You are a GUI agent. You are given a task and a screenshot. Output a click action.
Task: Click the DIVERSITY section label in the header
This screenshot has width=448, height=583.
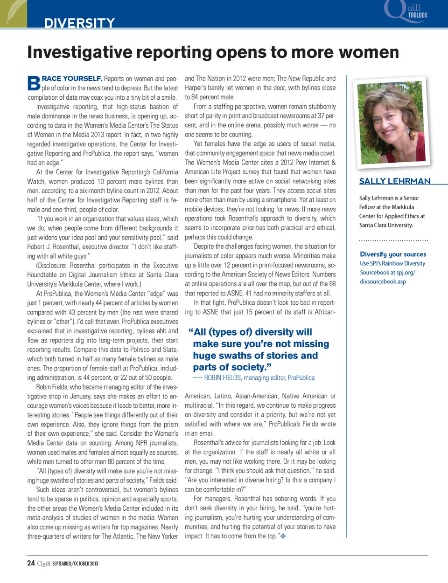pyautogui.click(x=79, y=23)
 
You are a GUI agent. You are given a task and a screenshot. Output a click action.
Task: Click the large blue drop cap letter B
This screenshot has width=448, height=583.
pyautogui.click(x=34, y=83)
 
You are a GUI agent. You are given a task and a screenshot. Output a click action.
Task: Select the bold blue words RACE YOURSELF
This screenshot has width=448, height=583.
pyautogui.click(x=72, y=78)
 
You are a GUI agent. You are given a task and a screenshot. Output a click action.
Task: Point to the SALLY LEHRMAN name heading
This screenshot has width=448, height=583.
pyautogui.click(x=395, y=181)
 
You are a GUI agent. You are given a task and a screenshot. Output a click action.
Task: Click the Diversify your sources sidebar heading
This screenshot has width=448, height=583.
pyautogui.click(x=393, y=254)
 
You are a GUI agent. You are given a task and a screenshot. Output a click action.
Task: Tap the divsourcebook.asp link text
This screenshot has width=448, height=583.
pyautogui.click(x=383, y=281)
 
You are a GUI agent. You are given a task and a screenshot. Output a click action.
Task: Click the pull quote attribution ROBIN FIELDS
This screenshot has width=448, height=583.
pyautogui.click(x=222, y=378)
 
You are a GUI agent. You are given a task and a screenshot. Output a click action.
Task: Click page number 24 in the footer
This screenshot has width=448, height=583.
pyautogui.click(x=31, y=563)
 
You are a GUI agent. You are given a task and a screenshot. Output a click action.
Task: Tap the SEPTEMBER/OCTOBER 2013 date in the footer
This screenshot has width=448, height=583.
pyautogui.click(x=75, y=563)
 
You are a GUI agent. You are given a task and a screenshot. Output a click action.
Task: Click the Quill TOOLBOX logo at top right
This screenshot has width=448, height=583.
pyautogui.click(x=407, y=11)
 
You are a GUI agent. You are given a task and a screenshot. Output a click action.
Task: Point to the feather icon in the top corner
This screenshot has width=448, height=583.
pyautogui.click(x=13, y=13)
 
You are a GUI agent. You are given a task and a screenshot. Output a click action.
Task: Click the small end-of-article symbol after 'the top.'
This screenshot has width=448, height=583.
pyautogui.click(x=283, y=536)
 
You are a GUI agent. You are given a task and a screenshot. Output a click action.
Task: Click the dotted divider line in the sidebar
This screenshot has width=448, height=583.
pyautogui.click(x=393, y=240)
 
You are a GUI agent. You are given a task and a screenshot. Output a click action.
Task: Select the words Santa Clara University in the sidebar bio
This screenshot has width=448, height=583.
pyautogui.click(x=386, y=225)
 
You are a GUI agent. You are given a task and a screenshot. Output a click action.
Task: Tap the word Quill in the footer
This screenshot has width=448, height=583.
pyautogui.click(x=43, y=563)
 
